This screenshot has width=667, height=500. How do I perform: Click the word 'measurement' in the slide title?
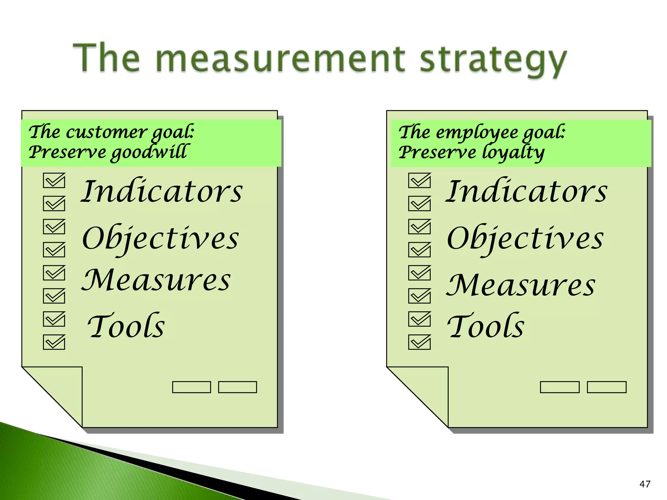click(280, 59)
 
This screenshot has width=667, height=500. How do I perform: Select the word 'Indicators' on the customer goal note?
click(162, 191)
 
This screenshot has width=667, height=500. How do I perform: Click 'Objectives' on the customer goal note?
click(161, 239)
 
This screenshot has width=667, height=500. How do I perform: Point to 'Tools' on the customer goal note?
click(126, 326)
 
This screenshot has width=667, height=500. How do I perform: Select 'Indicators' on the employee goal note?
click(526, 191)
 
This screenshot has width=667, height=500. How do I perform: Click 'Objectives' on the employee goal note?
click(525, 239)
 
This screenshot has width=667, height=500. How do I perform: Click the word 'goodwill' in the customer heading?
click(149, 152)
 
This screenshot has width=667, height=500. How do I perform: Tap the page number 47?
click(645, 484)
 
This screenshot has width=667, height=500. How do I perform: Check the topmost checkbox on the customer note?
click(54, 180)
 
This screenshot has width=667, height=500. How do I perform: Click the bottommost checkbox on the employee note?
click(419, 342)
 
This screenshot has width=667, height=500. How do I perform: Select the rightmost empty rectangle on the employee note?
click(606, 387)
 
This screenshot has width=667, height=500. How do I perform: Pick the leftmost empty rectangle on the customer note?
click(192, 387)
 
